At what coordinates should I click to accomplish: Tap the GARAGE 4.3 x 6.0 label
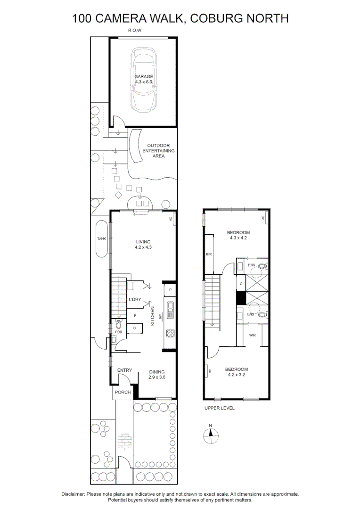coord(144,79)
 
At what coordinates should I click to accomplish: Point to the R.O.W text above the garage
coord(135,31)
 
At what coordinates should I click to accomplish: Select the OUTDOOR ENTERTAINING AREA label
coord(158,151)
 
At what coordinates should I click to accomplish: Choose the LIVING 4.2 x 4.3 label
coord(143,244)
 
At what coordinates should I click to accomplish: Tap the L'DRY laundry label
coord(135,300)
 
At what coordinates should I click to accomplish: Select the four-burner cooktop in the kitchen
coord(170,334)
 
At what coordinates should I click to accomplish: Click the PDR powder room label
coord(119,332)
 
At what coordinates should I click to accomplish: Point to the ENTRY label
coord(124,370)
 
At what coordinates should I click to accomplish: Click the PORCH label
coord(123,392)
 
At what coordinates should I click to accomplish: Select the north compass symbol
coord(211,435)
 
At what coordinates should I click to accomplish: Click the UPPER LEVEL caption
coord(219,408)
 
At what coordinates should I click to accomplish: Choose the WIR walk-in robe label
coord(253,335)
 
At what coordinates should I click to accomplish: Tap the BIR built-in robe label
coord(209,254)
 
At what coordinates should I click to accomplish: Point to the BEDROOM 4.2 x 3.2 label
coord(236,372)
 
